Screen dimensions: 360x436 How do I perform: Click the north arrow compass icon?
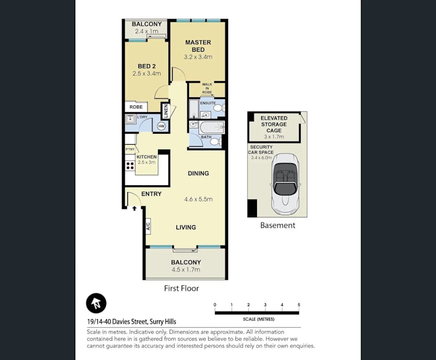pyautogui.click(x=96, y=303)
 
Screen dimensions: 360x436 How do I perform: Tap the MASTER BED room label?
pyautogui.click(x=198, y=46)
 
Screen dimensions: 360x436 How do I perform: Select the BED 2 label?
pyautogui.click(x=147, y=66)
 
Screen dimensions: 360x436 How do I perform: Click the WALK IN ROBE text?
pyautogui.click(x=207, y=88)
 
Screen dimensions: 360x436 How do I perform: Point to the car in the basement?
pyautogui.click(x=285, y=183)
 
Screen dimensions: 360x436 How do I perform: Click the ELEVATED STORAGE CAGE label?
pyautogui.click(x=274, y=125)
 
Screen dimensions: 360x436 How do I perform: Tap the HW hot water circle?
pyautogui.click(x=161, y=126)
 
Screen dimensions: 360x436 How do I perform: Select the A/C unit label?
pyautogui.click(x=148, y=227)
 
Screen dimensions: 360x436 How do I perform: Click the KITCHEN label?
pyautogui.click(x=146, y=157)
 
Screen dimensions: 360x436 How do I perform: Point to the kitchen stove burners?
pyautogui.click(x=130, y=165)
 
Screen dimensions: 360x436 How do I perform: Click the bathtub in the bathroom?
pyautogui.click(x=210, y=126)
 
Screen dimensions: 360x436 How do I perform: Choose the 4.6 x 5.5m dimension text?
pyautogui.click(x=198, y=199)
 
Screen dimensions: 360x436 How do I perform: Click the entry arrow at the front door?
pyautogui.click(x=134, y=208)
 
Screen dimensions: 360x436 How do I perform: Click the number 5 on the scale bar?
pyautogui.click(x=299, y=305)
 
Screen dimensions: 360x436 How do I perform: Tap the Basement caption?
pyautogui.click(x=278, y=225)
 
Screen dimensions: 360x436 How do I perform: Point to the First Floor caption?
pyautogui.click(x=181, y=288)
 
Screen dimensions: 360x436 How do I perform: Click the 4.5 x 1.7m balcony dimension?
pyautogui.click(x=186, y=270)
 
